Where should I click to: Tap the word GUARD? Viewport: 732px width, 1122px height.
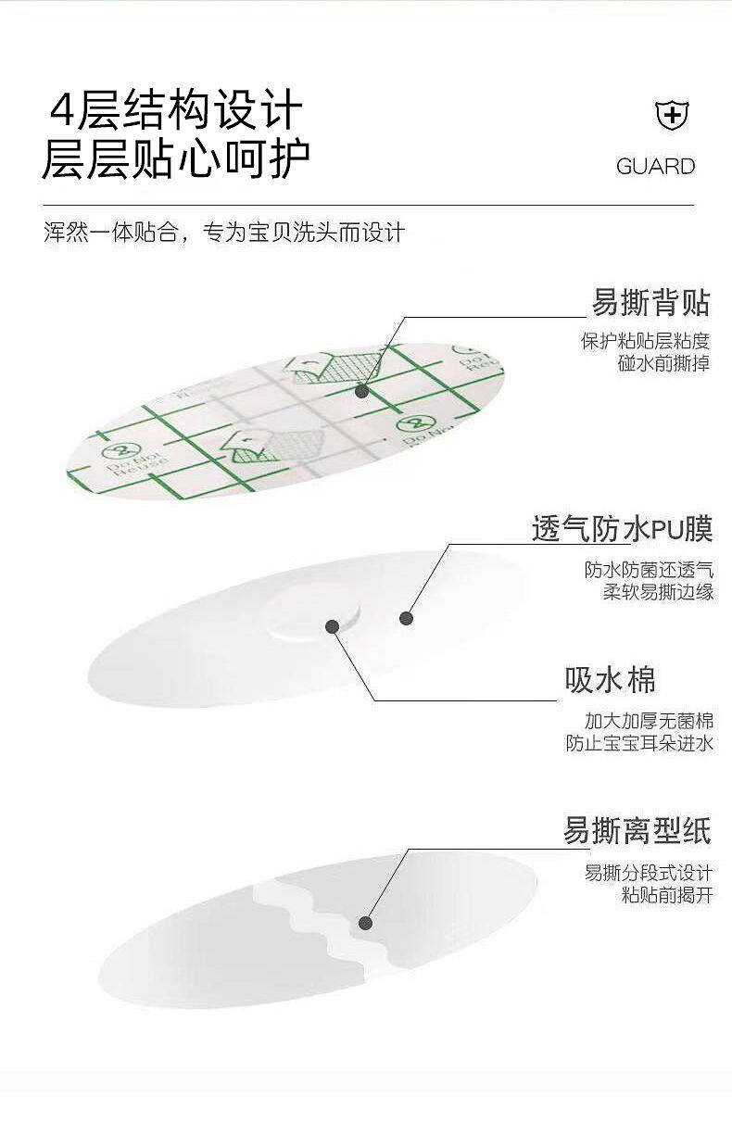click(x=655, y=167)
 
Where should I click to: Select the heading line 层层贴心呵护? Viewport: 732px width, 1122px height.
click(x=175, y=159)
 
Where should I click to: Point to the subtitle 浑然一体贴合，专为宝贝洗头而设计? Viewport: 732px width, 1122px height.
click(x=224, y=232)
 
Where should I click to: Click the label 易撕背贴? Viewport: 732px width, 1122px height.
click(x=650, y=302)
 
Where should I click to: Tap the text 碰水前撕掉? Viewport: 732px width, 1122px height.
click(x=663, y=363)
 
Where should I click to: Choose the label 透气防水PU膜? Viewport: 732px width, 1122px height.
click(x=622, y=529)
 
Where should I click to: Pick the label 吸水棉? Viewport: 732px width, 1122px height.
click(x=610, y=680)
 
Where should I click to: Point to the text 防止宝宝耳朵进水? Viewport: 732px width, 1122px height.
click(x=639, y=743)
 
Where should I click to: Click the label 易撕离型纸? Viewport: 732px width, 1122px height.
click(x=637, y=830)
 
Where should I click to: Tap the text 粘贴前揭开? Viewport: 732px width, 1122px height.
click(x=666, y=895)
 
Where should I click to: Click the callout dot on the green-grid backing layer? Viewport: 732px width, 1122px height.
click(x=362, y=392)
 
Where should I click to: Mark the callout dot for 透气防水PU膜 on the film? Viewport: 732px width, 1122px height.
click(x=405, y=618)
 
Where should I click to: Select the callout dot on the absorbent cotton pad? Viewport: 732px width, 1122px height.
click(x=332, y=626)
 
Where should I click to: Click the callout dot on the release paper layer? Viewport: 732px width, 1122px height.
click(x=365, y=923)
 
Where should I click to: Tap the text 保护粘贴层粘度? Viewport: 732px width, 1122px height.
click(x=645, y=341)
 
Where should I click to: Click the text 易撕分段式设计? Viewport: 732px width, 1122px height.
click(x=648, y=873)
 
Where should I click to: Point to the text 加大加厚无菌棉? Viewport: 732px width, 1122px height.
click(x=649, y=721)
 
